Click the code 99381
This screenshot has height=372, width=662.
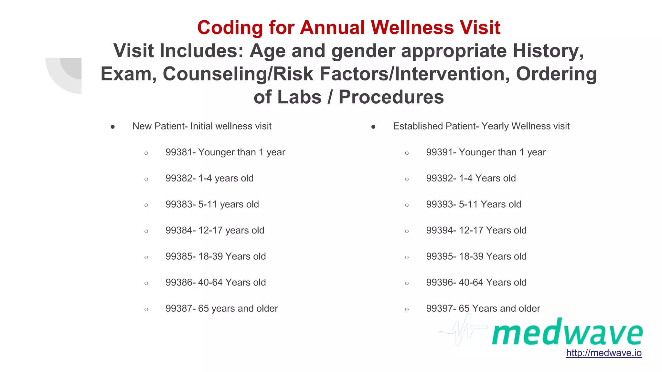[179, 152]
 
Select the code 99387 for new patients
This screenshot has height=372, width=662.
[179, 308]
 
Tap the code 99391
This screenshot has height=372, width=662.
[440, 152]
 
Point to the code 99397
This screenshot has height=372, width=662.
[440, 308]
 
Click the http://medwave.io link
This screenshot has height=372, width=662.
[603, 353]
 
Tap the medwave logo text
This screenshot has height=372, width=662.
[567, 332]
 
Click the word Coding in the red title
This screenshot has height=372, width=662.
[230, 27]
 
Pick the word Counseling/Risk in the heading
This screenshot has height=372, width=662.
[238, 74]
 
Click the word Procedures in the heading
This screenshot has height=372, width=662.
[391, 97]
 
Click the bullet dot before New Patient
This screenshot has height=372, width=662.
[112, 127]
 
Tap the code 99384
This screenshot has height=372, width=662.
[179, 230]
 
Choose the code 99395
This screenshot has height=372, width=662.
[440, 256]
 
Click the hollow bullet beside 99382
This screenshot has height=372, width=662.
[146, 179]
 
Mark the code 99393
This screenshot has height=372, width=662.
[440, 204]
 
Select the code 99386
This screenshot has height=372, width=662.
[179, 283]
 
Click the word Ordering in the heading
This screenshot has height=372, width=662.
[556, 74]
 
